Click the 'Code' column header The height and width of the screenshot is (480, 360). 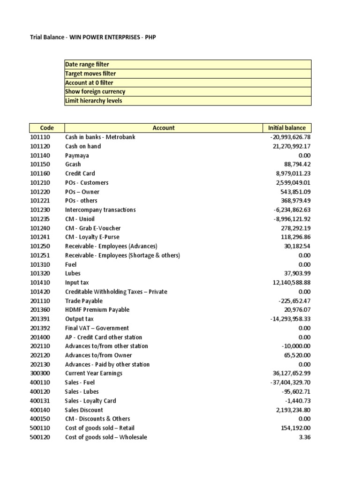[47, 128]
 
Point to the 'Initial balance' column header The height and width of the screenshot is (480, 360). [286, 128]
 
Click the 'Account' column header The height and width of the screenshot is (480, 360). [163, 128]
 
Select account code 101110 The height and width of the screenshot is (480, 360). [39, 137]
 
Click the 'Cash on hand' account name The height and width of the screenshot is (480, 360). [83, 146]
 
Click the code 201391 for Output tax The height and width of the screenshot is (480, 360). [39, 319]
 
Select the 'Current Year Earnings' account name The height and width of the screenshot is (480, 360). [94, 373]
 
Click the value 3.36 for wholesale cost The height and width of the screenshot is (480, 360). [305, 437]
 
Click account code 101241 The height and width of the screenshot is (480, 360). [39, 237]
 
